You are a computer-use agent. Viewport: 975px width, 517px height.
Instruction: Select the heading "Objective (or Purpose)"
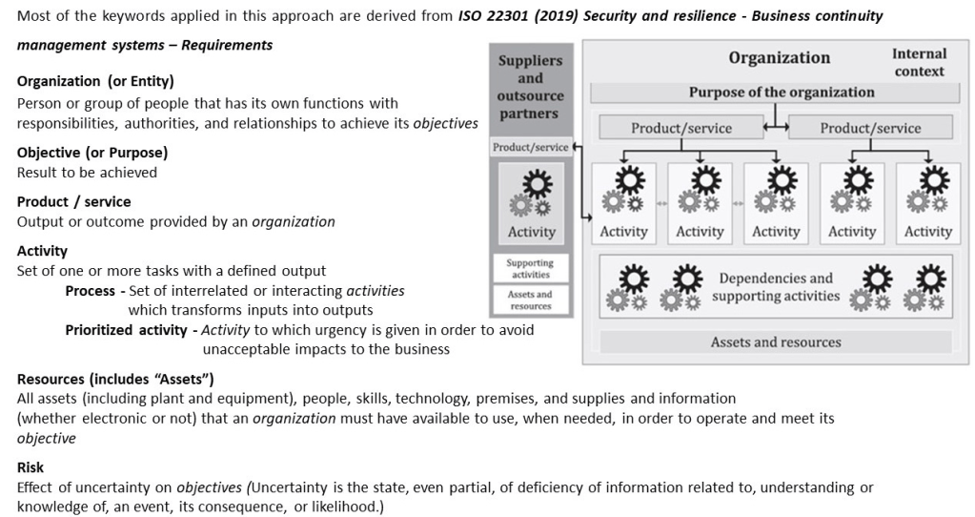[92, 153]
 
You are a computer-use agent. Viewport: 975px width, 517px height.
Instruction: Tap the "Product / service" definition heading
[74, 202]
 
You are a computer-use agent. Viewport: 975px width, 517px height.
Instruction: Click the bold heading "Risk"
[30, 467]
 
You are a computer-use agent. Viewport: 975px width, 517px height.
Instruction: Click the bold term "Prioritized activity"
[126, 330]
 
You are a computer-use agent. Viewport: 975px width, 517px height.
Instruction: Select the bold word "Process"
[90, 291]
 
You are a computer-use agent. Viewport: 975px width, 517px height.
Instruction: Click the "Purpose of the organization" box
[782, 93]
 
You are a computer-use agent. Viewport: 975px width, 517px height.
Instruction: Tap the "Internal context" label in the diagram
[919, 62]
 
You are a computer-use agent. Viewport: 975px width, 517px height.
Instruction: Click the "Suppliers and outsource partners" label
[530, 87]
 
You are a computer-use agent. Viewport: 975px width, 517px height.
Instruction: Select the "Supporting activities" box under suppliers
[530, 268]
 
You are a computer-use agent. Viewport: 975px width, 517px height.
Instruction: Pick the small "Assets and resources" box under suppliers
[530, 300]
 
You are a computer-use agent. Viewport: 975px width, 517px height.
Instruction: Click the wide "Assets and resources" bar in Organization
[776, 341]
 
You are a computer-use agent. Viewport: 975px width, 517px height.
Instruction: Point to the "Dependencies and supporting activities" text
[776, 287]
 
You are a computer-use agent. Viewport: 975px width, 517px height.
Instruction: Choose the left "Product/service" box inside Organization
[680, 128]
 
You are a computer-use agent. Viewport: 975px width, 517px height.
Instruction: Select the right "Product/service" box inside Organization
[870, 128]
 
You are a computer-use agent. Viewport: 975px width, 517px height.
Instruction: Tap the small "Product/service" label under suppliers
[530, 147]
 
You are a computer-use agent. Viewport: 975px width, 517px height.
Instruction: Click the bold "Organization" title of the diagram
[779, 58]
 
